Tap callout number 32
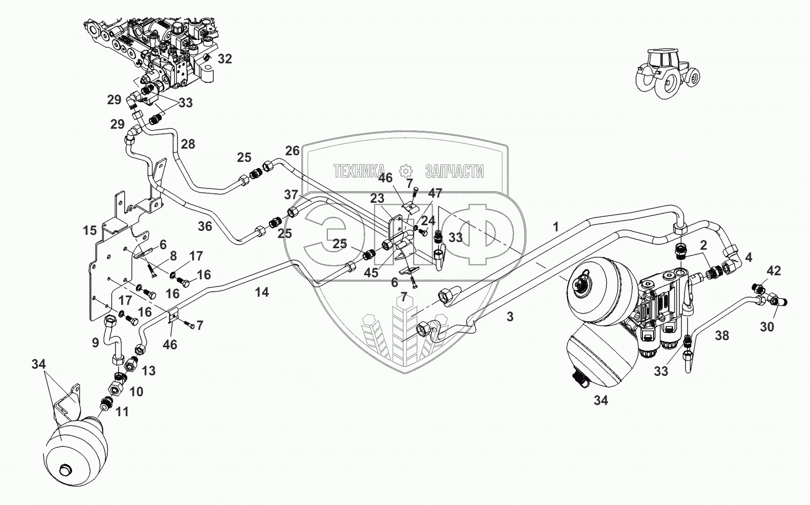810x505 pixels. point(224,59)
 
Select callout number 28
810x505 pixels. point(188,144)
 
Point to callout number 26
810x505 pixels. point(292,151)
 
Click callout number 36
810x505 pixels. point(205,226)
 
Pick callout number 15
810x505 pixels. point(90,230)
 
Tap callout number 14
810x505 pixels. point(262,292)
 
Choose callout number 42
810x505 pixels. point(774,271)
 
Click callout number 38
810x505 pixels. point(722,335)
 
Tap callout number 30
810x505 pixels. point(767,327)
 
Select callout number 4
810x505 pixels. point(749,257)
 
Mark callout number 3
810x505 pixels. point(510,317)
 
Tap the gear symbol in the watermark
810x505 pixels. point(406,171)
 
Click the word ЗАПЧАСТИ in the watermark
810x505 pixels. point(454,172)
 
